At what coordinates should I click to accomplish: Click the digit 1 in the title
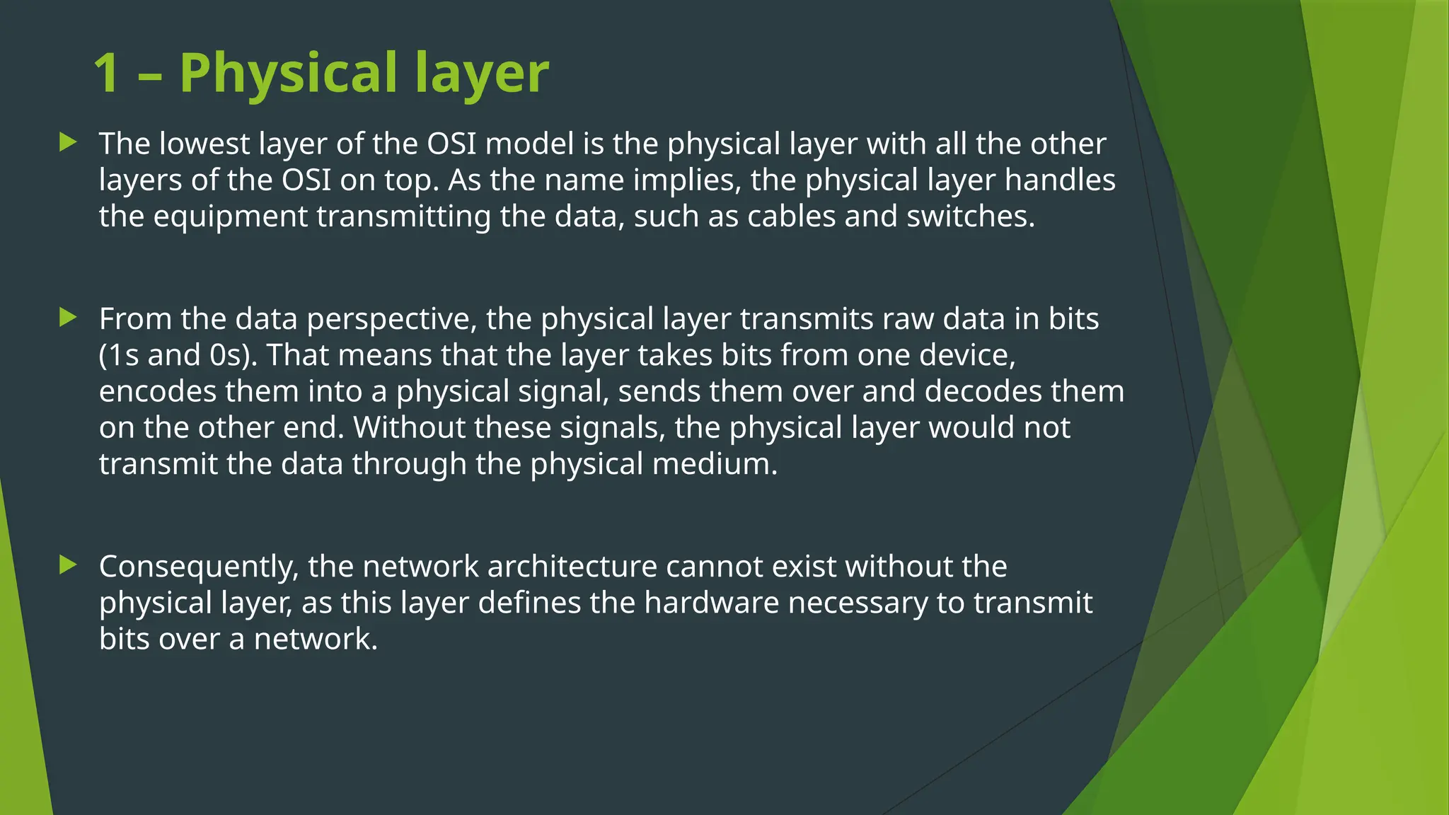point(106,74)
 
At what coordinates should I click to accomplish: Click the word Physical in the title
point(289,74)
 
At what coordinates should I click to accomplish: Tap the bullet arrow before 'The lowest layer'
point(68,142)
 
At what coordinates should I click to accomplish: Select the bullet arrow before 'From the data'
point(68,317)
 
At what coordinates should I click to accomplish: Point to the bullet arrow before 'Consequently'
point(68,565)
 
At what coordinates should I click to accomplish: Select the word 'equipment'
point(230,217)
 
